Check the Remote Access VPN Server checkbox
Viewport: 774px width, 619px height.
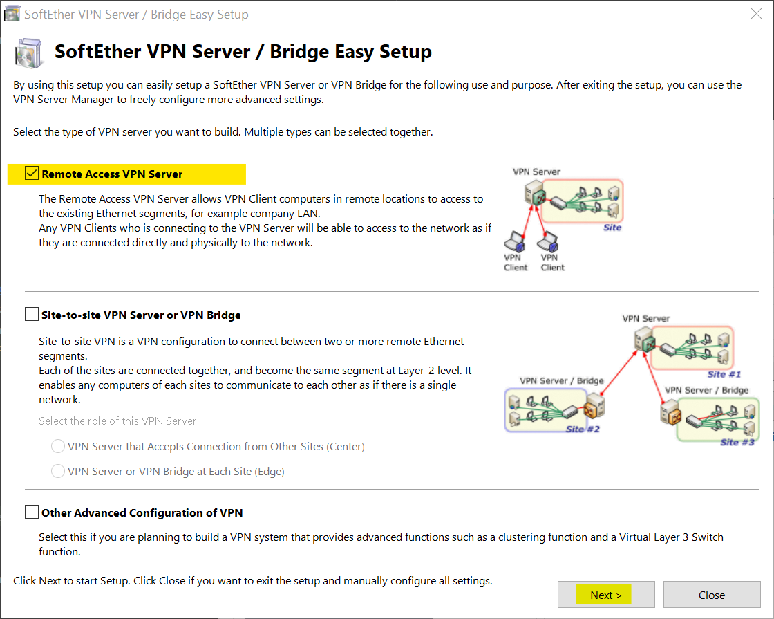[31, 174]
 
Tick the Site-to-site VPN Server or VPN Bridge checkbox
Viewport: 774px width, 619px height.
[31, 315]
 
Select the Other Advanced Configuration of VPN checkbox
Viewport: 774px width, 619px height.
[31, 512]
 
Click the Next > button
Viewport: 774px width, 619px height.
[605, 595]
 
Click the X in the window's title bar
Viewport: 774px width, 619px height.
[756, 14]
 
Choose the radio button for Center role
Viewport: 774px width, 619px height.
[58, 447]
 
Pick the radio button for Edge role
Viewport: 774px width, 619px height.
[58, 472]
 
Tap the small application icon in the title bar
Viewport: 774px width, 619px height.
[12, 14]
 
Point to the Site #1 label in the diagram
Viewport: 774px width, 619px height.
[724, 374]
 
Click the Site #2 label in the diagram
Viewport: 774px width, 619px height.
[583, 429]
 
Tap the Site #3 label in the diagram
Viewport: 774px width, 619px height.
[737, 442]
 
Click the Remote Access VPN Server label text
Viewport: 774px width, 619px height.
[111, 174]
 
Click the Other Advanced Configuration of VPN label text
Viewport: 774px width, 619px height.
[142, 513]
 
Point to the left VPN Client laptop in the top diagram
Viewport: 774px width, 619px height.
[515, 241]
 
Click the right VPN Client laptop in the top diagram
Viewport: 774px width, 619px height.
[551, 241]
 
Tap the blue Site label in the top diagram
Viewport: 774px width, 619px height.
[612, 228]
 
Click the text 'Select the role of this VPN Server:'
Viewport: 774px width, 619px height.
[120, 421]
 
